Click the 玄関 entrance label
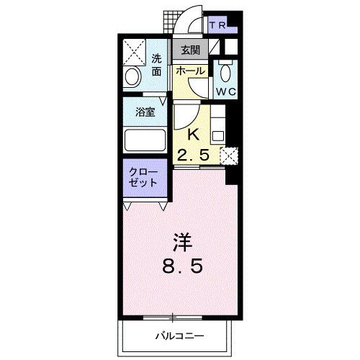tap(191, 51)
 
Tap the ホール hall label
tap(191, 72)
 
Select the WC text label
tap(227, 92)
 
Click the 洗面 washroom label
tap(156, 66)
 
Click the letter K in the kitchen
tap(193, 135)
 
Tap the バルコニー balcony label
tap(179, 336)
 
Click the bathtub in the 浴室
tap(146, 138)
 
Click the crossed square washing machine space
tap(133, 50)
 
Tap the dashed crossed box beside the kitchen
tap(230, 156)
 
